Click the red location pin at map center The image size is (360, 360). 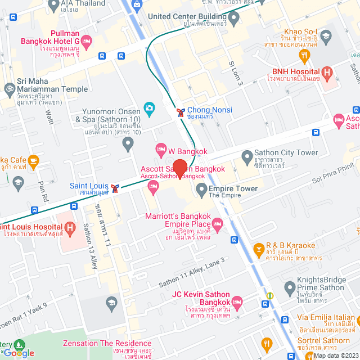click(x=180, y=169)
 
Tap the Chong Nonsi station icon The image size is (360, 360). click(x=181, y=112)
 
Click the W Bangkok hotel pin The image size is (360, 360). click(x=160, y=150)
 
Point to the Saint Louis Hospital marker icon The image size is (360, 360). click(x=70, y=228)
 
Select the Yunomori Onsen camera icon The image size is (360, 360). click(x=150, y=107)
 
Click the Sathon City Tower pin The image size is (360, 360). click(x=246, y=156)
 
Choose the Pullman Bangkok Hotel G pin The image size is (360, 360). click(x=86, y=41)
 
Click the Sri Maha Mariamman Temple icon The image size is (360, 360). click(x=10, y=88)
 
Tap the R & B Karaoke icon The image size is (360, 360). click(x=259, y=248)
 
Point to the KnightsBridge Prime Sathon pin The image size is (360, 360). click(x=290, y=287)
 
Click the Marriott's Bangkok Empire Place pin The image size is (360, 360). click(x=217, y=225)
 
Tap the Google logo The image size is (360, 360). click(x=19, y=353)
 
